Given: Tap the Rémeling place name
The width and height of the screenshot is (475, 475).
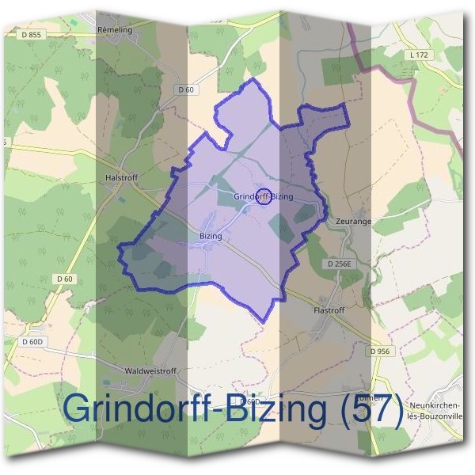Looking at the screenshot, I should click(x=115, y=28).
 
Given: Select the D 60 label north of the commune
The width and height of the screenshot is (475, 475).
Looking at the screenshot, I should click(x=186, y=90).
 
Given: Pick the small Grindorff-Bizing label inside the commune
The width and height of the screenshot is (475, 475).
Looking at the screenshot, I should click(x=264, y=196).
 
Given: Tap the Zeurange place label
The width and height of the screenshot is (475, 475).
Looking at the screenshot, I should click(x=353, y=222).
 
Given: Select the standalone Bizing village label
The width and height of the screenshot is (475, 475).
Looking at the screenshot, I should click(x=210, y=236).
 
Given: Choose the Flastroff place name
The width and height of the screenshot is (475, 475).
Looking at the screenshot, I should click(x=331, y=310).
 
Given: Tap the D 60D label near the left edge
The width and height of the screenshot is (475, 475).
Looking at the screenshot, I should click(x=32, y=341).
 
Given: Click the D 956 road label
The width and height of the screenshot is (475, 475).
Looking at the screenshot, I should click(x=380, y=351).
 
